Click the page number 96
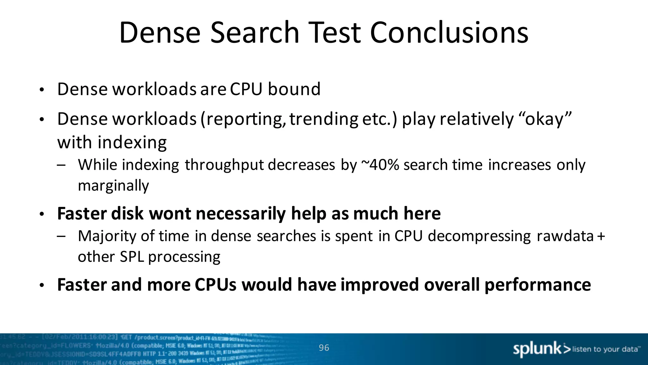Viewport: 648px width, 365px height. click(324, 348)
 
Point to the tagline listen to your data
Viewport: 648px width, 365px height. click(606, 349)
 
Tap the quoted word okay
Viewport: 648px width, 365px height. click(545, 119)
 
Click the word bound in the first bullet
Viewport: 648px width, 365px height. click(294, 89)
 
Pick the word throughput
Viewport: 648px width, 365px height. click(224, 165)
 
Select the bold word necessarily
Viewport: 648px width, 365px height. click(241, 214)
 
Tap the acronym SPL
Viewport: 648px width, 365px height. click(132, 257)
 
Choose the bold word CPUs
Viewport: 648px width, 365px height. click(215, 285)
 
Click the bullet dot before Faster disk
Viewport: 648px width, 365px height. click(41, 215)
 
